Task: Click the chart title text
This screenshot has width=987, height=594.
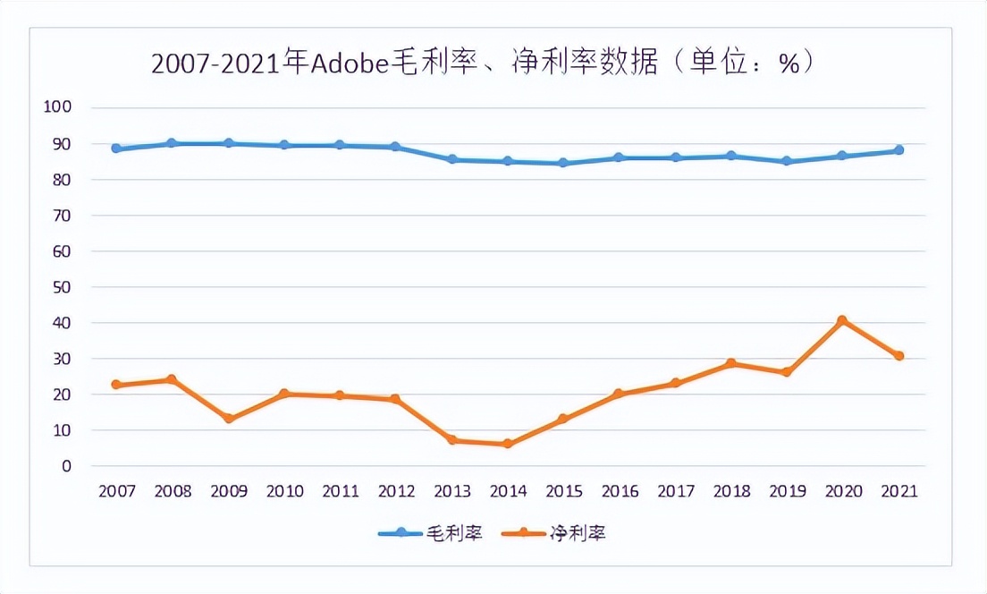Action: coord(483,64)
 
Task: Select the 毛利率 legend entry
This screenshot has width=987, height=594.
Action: coord(431,533)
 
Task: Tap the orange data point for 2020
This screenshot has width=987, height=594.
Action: coord(842,320)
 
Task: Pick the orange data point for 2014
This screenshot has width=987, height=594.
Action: coord(507,444)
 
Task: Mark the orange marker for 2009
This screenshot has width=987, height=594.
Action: coord(228,419)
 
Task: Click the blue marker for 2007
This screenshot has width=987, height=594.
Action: coord(116,148)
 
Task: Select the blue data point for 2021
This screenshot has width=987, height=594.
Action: coord(898,150)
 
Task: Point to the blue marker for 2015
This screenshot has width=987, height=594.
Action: coord(563,163)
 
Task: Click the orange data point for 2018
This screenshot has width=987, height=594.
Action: coord(730,363)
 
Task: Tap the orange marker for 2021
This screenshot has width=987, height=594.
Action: coord(898,356)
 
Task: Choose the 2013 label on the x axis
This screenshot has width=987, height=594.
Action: coord(451,491)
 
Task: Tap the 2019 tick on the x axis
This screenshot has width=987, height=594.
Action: coord(787,491)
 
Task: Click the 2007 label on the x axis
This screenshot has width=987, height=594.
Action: coord(116,491)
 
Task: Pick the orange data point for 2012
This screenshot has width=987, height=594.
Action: coord(395,399)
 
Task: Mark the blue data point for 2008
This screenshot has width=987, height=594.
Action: coord(172,143)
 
